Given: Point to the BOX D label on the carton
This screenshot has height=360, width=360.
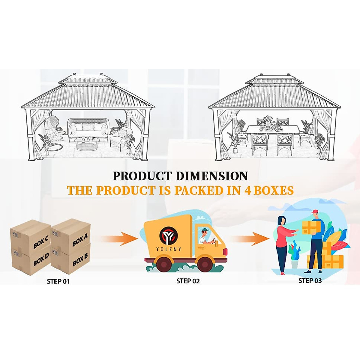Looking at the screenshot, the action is coord(41,260).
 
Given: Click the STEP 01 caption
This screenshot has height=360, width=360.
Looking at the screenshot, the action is coord(58,281).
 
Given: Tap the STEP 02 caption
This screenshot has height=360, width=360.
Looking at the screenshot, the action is coord(188,281).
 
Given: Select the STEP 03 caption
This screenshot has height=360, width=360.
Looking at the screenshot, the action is coord(310,280).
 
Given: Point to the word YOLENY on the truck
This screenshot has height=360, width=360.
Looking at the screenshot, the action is coord(169,249).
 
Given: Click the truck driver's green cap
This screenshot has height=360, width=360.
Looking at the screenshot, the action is coord(205,230).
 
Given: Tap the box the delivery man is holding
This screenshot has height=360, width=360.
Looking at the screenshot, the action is coord(309,228).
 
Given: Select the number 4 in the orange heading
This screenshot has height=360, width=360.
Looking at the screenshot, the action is coord(248,190).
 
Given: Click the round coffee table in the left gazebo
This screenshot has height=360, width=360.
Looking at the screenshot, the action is coord(87,144).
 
